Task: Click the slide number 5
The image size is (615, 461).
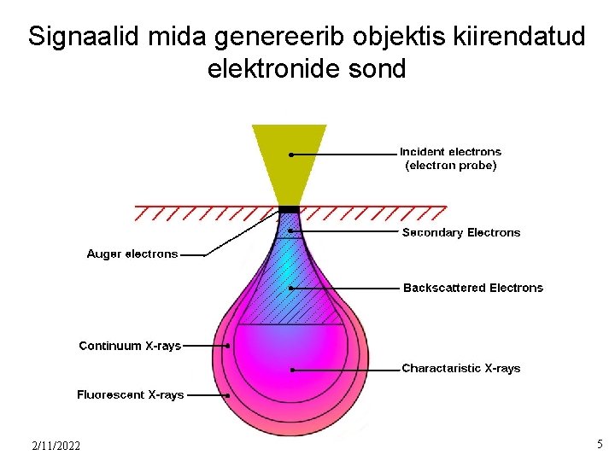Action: [x=600, y=444]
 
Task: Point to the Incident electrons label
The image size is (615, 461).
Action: [x=450, y=152]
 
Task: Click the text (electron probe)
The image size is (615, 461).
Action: [x=450, y=166]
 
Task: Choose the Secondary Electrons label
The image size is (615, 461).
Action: [x=461, y=232]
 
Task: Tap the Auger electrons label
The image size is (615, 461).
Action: [x=132, y=254]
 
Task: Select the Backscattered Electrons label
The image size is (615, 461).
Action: [x=472, y=288]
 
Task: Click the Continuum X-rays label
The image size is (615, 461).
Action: [x=130, y=346]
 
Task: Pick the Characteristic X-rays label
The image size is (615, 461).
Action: [x=460, y=369]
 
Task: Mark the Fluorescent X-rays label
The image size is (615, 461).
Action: [x=130, y=395]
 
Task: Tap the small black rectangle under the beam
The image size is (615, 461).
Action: [x=290, y=209]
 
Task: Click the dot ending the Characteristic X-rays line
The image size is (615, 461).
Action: [x=292, y=370]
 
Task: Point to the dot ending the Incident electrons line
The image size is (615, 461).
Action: [x=291, y=155]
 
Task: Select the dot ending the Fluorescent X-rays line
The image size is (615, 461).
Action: [x=229, y=395]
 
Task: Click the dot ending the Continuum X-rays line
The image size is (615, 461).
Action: [x=228, y=346]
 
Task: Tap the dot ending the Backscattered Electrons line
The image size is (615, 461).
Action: [x=291, y=289]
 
